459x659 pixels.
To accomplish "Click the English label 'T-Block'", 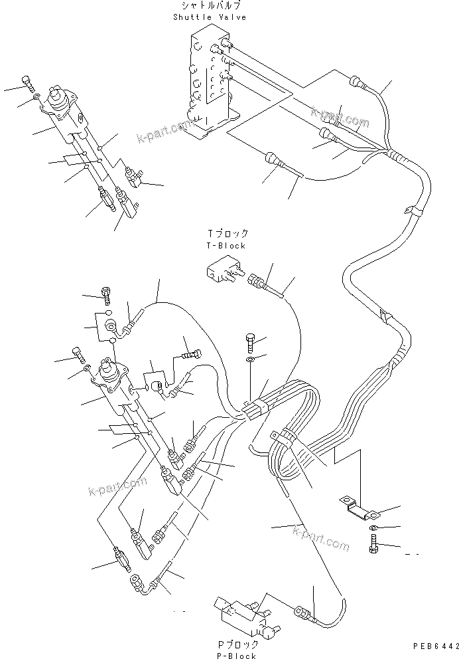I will tap(227, 245).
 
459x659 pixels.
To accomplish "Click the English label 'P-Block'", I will tap(236, 656).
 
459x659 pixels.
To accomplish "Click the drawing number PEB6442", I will tap(434, 646).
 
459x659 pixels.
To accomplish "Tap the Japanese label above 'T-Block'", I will tap(228, 234).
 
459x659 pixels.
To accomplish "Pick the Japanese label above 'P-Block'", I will tap(236, 644).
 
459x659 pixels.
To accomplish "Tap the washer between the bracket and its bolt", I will tap(373, 527).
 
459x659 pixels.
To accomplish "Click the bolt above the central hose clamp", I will tap(250, 341).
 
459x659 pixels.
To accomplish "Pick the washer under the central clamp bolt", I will tap(249, 359).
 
